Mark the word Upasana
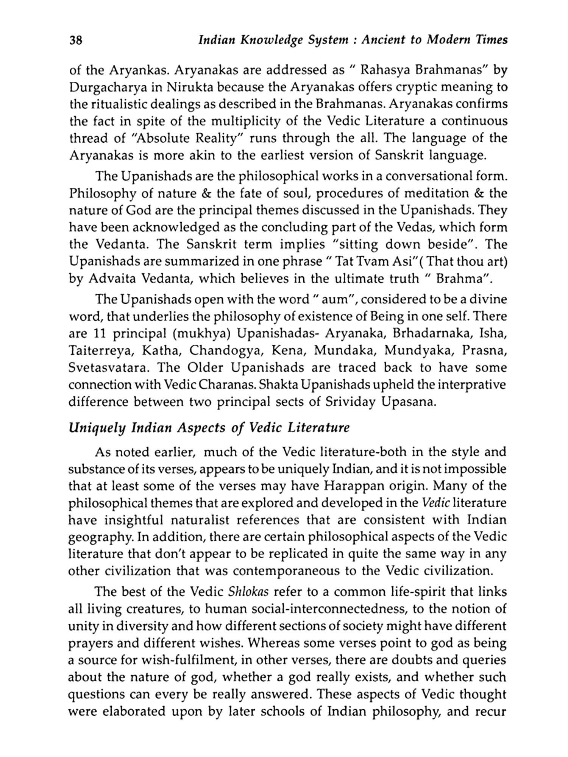409,402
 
